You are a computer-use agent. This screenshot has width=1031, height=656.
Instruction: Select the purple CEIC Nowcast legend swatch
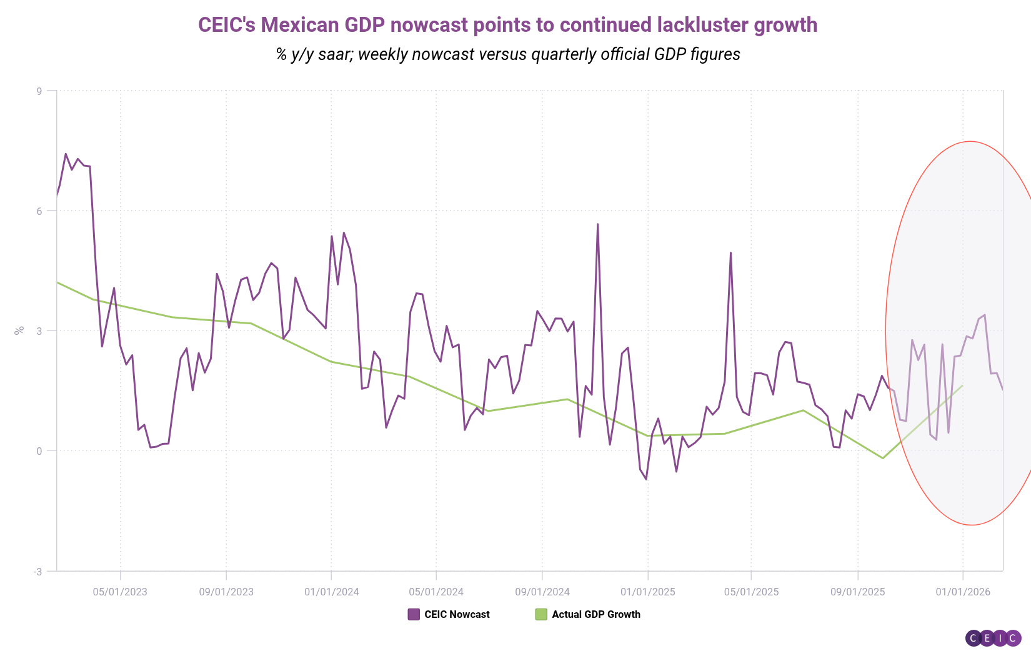pyautogui.click(x=414, y=614)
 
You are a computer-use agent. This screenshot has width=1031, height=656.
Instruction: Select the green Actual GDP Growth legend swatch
pyautogui.click(x=541, y=614)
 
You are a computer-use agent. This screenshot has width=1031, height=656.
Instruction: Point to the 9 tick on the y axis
pyautogui.click(x=39, y=91)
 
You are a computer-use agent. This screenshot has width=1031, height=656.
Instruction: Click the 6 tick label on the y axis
pyautogui.click(x=39, y=211)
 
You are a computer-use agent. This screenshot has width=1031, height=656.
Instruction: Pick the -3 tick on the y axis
pyautogui.click(x=37, y=572)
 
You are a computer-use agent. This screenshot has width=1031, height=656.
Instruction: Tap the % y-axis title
pyautogui.click(x=19, y=330)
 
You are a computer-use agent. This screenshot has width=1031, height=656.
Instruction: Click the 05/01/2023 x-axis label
pyautogui.click(x=120, y=592)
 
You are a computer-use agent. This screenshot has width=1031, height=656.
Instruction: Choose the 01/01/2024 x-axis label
pyautogui.click(x=332, y=592)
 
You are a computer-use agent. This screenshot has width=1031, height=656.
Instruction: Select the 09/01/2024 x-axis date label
pyautogui.click(x=542, y=592)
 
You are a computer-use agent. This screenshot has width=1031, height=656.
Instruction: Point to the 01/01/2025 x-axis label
pyautogui.click(x=648, y=592)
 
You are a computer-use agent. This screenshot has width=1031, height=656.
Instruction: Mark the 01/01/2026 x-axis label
pyautogui.click(x=963, y=592)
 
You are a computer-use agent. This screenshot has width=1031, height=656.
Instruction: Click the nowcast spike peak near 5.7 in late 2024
pyautogui.click(x=597, y=224)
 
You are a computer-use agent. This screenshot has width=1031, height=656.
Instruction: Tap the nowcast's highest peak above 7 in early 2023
pyautogui.click(x=66, y=154)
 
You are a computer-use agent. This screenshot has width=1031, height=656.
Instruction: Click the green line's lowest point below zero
pyautogui.click(x=883, y=458)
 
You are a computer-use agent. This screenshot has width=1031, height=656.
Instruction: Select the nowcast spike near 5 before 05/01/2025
pyautogui.click(x=730, y=253)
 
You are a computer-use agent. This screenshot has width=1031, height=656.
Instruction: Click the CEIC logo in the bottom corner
pyautogui.click(x=993, y=638)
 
